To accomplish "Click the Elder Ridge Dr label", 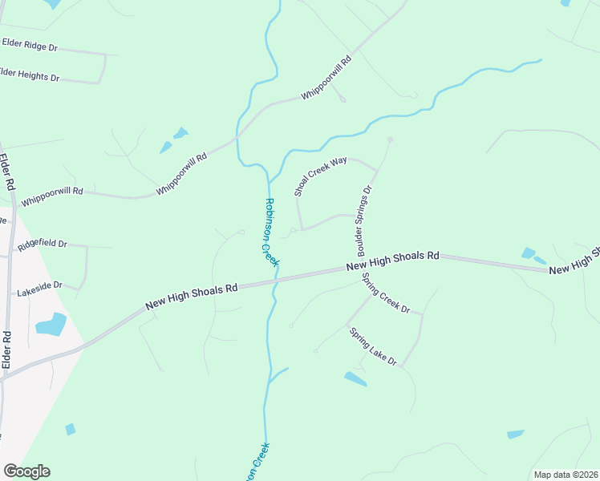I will point(30,45).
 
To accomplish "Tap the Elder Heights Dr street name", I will point(29,75).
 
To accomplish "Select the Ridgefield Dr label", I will point(42,245).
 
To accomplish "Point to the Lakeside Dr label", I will point(39,285).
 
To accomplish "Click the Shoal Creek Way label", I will point(320,176).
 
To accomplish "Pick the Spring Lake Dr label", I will point(372,346).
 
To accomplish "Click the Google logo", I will point(26,471).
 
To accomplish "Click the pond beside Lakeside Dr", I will point(51,324).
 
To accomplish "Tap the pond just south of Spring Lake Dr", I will point(355,378).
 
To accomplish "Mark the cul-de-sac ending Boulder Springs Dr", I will point(390,140).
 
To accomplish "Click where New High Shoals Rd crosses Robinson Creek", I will point(275,280).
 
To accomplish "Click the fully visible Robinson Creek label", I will point(271,232).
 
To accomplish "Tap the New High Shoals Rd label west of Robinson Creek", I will point(192,297).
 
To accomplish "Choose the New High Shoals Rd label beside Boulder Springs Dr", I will point(393,261).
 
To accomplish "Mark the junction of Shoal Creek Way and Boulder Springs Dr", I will point(376,170).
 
